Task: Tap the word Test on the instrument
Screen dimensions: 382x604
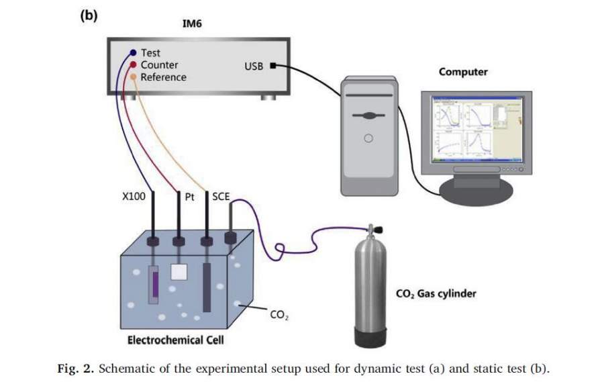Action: (150, 52)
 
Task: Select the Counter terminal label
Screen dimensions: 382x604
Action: (159, 64)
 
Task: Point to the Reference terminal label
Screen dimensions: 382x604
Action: (163, 77)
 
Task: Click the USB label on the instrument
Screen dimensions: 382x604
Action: (254, 66)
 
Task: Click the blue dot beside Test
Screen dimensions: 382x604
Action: (133, 52)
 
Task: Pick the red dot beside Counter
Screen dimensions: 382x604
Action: (133, 65)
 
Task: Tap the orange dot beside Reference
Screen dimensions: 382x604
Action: (133, 77)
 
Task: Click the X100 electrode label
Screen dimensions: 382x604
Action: (135, 197)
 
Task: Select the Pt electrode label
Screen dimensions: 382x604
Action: (189, 197)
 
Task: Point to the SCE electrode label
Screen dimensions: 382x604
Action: (221, 197)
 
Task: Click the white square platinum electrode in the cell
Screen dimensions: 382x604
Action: (179, 271)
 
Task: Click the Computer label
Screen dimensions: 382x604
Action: (463, 71)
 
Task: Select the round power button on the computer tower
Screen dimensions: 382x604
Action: (368, 139)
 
